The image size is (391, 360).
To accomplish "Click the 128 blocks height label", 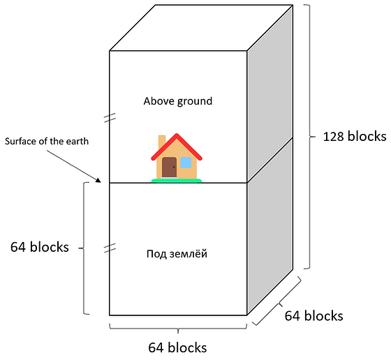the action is (x=355, y=137).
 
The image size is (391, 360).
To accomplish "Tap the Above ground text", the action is (x=178, y=101).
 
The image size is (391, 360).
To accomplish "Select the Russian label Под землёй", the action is (x=177, y=254).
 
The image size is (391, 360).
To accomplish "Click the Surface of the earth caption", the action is (x=47, y=142).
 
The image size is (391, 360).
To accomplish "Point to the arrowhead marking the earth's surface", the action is (x=98, y=181).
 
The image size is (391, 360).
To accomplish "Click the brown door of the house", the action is (x=169, y=167).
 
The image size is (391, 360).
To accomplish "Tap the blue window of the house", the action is (x=186, y=163).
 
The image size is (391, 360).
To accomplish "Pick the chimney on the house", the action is (x=162, y=141).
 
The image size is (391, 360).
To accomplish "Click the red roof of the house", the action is (x=177, y=147).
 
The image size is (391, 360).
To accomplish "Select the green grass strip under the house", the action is (x=177, y=181).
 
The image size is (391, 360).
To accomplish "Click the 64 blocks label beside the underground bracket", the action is (x=40, y=247).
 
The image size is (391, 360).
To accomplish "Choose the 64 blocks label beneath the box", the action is (x=177, y=347).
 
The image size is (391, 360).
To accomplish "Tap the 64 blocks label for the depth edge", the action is (x=314, y=316).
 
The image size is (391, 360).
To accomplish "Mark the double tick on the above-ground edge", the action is (x=110, y=118).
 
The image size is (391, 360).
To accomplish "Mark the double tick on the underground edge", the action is (x=110, y=248).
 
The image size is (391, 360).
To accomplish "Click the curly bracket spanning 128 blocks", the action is (x=310, y=137).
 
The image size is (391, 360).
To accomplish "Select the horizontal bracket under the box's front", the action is (x=178, y=329).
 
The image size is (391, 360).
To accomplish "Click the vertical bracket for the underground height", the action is (x=83, y=248).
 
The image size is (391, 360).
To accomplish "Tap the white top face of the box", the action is (x=201, y=28).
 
